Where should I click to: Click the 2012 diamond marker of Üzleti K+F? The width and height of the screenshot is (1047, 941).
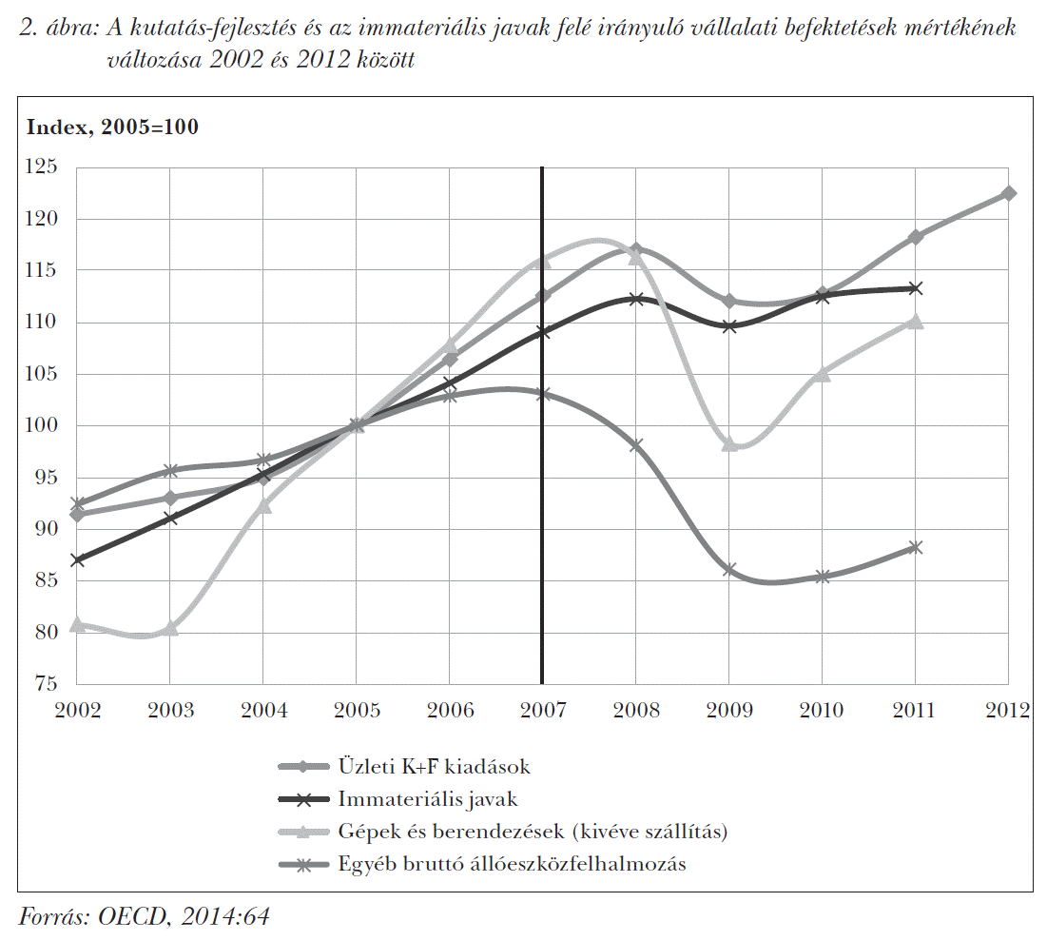point(1008,193)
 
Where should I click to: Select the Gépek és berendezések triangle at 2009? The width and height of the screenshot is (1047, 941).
point(729,443)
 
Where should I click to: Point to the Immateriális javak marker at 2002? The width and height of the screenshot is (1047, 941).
point(77,559)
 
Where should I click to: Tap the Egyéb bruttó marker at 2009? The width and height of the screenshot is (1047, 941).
point(729,569)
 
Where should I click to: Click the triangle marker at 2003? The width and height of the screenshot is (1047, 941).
point(170,628)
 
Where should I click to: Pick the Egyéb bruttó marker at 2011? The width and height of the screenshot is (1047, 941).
point(916,547)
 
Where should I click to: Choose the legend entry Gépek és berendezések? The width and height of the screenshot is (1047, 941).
point(532,832)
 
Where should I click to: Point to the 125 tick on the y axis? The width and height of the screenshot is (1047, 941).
point(44,167)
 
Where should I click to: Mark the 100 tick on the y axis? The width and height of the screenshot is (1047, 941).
point(44,425)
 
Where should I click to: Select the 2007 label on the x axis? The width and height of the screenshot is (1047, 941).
point(542,711)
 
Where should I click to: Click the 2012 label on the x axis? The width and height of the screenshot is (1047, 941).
point(1008,711)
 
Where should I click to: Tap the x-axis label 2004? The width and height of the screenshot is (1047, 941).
point(263,711)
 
